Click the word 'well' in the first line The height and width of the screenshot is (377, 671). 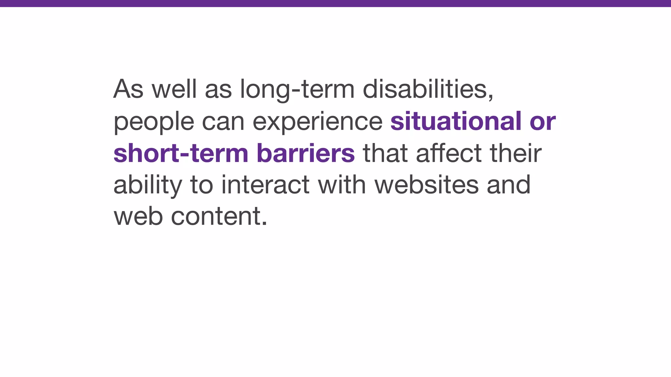coord(174,89)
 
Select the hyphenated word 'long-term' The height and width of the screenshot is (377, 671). coord(297,89)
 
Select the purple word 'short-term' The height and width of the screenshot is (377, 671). coord(181,153)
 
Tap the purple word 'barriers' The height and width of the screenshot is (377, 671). coord(306,153)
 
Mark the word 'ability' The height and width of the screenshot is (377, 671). coord(147,185)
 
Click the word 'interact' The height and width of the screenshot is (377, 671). coord(265,185)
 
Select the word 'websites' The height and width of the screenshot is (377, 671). coord(427,185)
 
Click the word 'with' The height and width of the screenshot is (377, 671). coord(342,185)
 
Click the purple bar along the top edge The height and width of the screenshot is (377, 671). coord(335,3)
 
